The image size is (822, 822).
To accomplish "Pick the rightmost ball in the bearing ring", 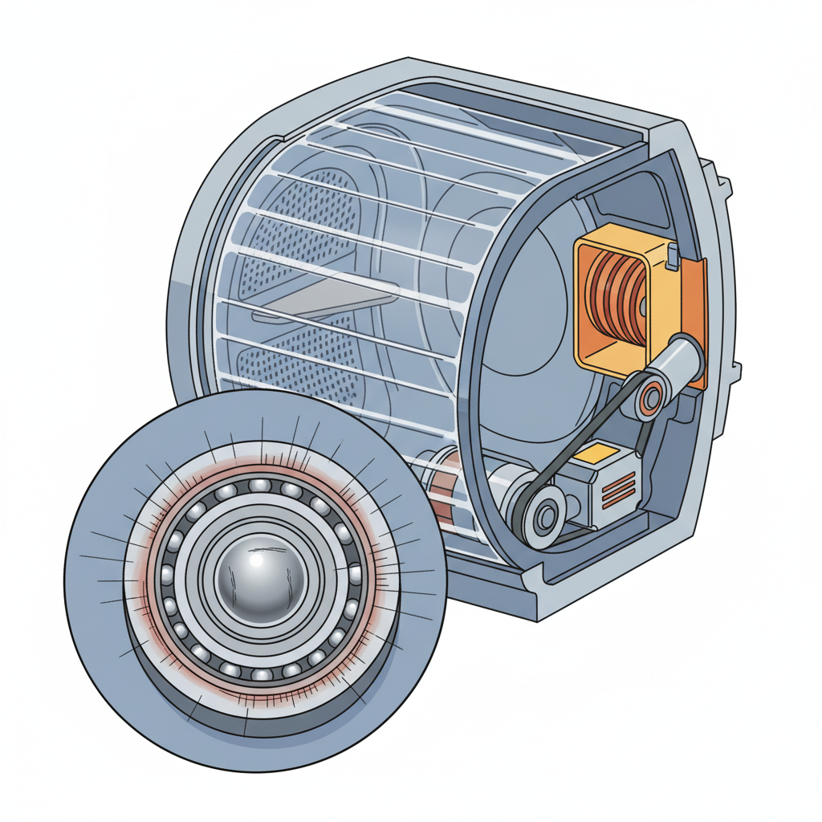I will pos(354,574).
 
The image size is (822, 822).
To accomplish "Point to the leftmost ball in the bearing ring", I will pos(166,574).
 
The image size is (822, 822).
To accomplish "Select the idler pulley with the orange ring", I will pos(650,393).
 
